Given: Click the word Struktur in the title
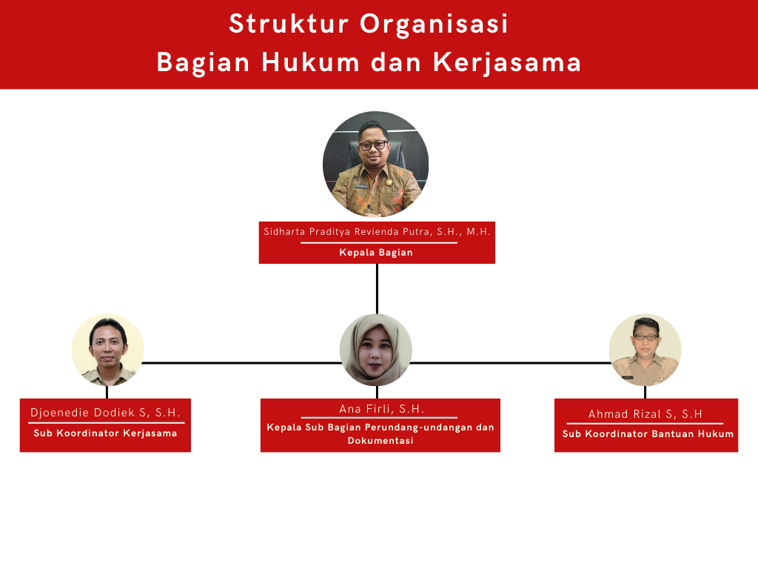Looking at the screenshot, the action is pos(289,24).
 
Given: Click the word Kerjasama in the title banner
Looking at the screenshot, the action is pos(507,62).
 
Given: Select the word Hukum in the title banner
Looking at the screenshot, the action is pos(311,62).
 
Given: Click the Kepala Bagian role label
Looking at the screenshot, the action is pos(376,252).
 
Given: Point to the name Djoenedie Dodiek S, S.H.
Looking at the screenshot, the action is pos(105,413).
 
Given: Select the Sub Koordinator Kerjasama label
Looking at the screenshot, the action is pos(105,433).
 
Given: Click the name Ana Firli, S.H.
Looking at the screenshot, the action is pos(381,409).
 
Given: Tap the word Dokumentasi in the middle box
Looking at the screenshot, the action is pos(380,441).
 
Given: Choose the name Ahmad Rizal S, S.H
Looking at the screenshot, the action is pos(645,414).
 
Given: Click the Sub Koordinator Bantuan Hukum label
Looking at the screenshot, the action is pos(648,434).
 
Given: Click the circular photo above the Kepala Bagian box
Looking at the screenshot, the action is pos(375,164).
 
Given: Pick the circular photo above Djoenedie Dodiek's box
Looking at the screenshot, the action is pos(108,350).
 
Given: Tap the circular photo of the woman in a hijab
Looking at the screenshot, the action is pos(376,350).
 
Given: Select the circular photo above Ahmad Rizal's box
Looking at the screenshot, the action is pos(645,350).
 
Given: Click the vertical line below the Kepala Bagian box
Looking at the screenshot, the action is pos(377,289).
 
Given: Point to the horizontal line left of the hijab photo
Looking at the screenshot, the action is pos(242,362).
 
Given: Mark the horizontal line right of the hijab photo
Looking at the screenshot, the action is pos(511,362).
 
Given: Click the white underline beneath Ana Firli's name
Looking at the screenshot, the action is pos(379,418).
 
